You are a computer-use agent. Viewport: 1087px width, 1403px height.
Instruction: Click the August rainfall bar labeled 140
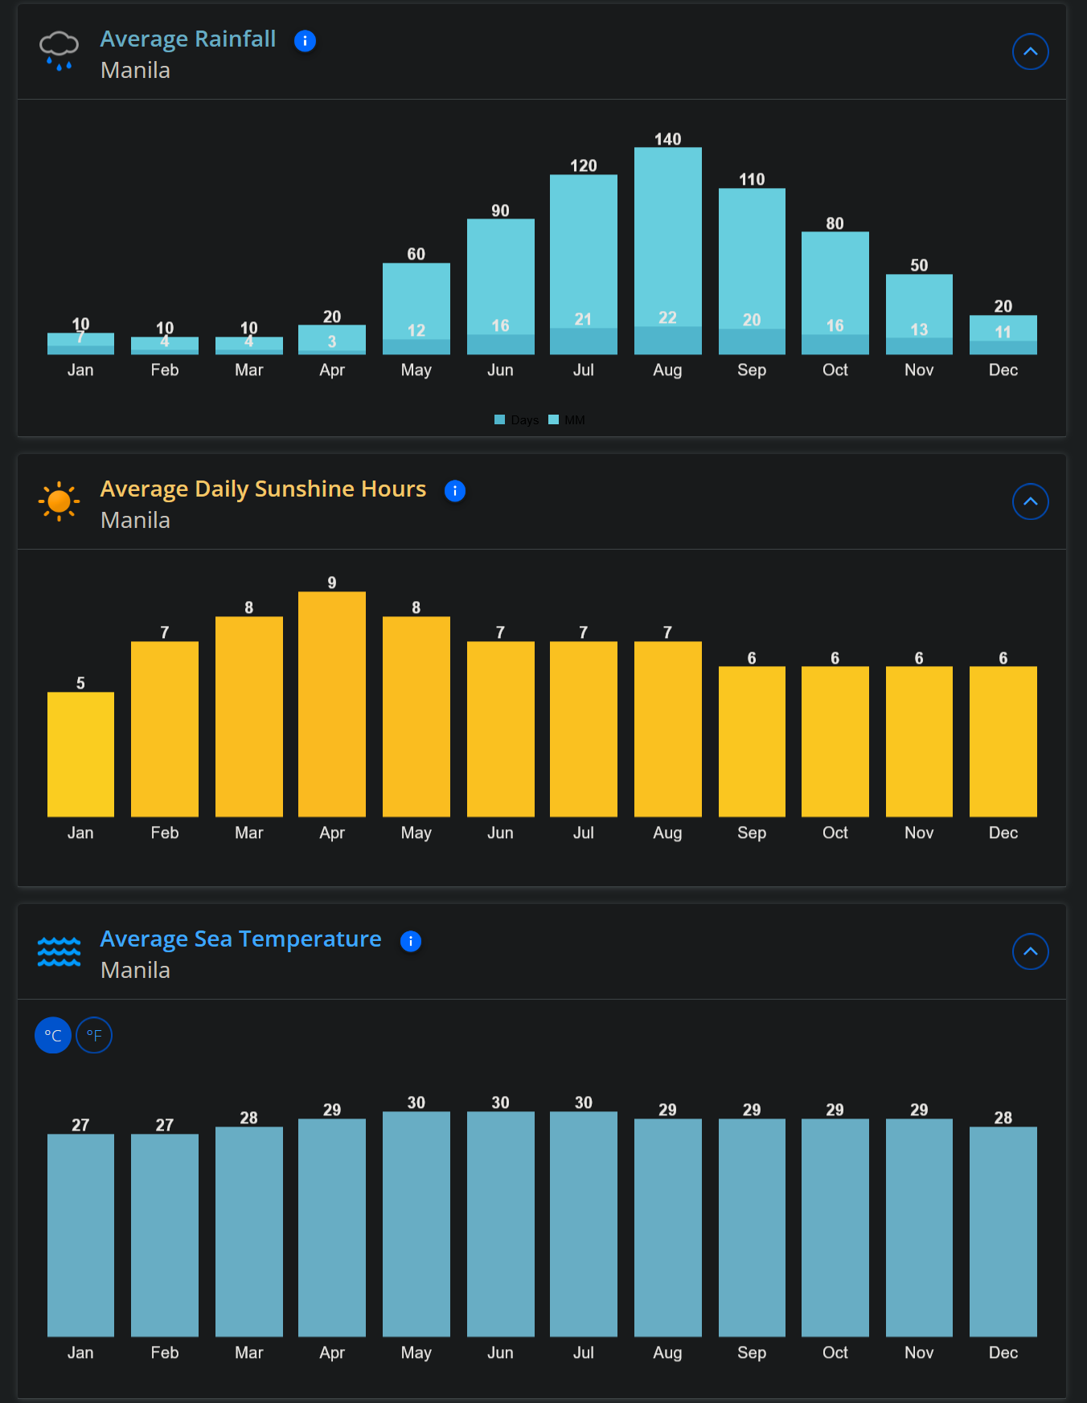(667, 241)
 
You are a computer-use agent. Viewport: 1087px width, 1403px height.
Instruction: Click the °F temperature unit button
(94, 1035)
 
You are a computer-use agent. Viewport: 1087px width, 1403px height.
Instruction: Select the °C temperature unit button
(53, 1035)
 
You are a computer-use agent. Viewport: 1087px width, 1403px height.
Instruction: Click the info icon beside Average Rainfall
(305, 41)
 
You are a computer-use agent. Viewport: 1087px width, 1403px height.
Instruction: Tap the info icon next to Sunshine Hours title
(455, 491)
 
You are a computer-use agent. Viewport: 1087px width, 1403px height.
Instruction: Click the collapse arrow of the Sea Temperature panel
(1030, 951)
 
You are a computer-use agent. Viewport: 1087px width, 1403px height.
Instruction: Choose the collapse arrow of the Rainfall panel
(1030, 51)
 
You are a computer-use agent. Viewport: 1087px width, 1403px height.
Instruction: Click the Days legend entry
(517, 420)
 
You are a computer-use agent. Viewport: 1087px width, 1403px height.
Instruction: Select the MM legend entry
(568, 420)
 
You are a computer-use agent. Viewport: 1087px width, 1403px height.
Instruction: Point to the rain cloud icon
(59, 51)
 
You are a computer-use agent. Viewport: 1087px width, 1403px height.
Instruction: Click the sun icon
(59, 501)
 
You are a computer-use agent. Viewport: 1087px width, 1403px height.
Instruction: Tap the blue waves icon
(59, 951)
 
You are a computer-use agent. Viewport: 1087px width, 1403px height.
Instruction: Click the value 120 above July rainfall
(584, 166)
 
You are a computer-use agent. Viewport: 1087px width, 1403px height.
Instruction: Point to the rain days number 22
(667, 317)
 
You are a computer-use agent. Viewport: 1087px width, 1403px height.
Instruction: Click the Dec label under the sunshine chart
(1003, 832)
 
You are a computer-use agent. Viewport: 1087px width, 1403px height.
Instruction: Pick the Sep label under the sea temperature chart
(752, 1352)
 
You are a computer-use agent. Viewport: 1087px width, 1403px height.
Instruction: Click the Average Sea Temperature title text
(240, 939)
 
